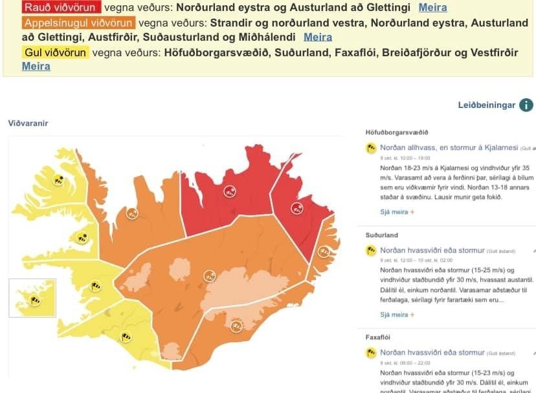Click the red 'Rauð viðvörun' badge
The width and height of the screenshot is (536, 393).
(62, 8)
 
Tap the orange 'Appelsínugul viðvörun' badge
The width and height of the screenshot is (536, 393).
(78, 23)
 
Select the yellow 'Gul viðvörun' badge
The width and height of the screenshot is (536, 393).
(56, 52)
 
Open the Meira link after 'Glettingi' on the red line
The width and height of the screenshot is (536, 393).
(432, 8)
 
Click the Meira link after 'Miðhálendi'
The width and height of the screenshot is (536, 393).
(318, 37)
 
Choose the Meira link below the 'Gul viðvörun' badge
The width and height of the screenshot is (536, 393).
(36, 66)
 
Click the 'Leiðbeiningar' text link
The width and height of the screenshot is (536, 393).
(486, 105)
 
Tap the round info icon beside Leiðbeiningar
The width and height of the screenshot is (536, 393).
(526, 105)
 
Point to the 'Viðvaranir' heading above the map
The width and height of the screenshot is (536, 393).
(28, 123)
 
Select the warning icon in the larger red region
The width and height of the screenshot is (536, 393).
(229, 191)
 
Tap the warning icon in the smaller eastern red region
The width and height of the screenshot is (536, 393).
(297, 207)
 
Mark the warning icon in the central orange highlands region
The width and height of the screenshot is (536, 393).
(208, 277)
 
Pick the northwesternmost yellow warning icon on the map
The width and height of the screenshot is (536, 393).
(59, 181)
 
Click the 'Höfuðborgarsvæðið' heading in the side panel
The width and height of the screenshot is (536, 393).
(397, 133)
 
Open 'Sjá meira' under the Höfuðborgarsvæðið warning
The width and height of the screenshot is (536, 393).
(396, 211)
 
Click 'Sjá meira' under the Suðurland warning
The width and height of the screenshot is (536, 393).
(396, 315)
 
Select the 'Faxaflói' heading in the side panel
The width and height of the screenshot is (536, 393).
(381, 337)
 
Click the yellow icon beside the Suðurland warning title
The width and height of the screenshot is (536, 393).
(372, 250)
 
